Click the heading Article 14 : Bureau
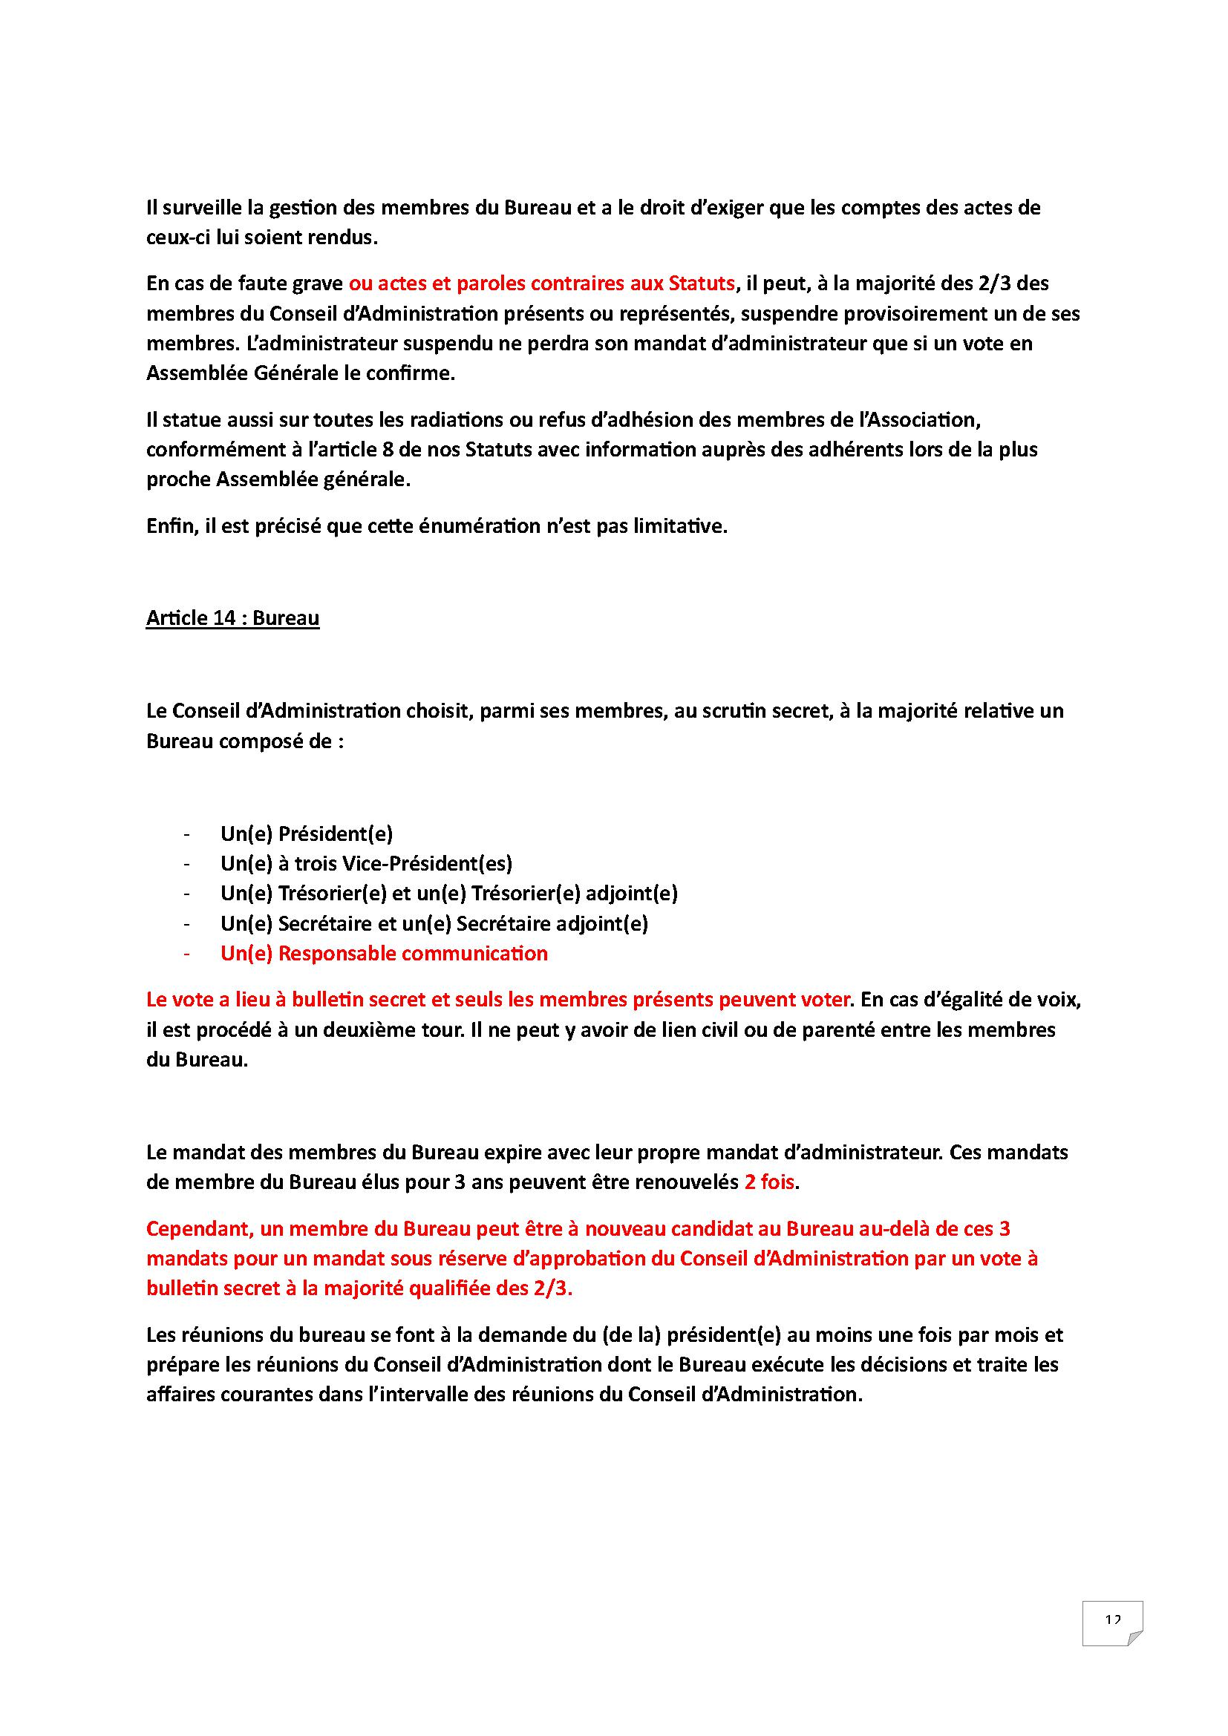pos(232,618)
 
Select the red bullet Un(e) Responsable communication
pos(383,954)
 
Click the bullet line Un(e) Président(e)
pos(306,834)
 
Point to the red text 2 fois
pos(769,1182)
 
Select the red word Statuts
pos(702,284)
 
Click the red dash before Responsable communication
pos(186,954)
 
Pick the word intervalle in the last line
pos(413,1395)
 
